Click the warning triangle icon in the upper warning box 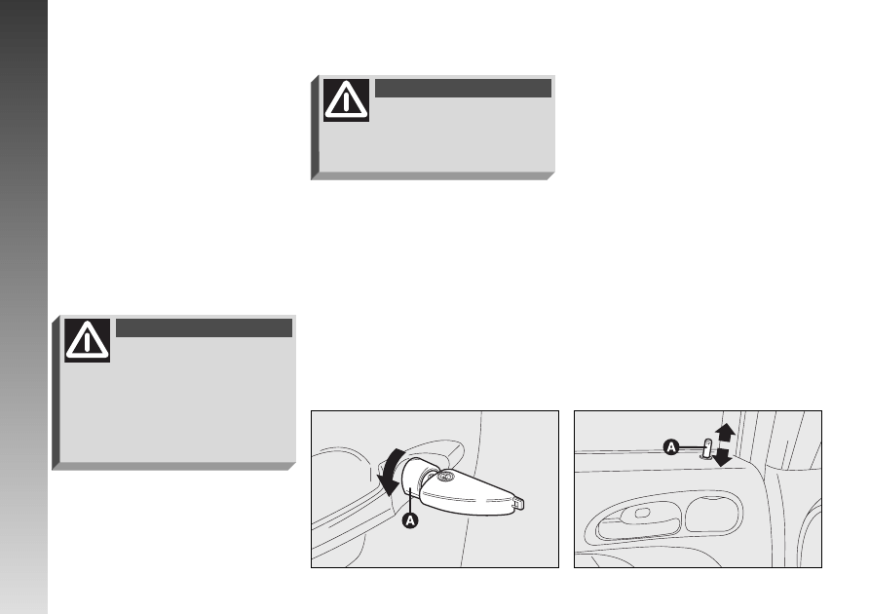[346, 100]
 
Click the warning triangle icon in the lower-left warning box [87, 340]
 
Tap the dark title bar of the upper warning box [464, 89]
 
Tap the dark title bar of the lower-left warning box [205, 328]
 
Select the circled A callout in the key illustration [410, 520]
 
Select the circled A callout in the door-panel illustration [671, 447]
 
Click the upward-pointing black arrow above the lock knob [725, 433]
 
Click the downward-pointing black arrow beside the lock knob [723, 457]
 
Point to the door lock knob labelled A [707, 448]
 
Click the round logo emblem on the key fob [443, 477]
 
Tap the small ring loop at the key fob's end [518, 503]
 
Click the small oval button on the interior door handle [642, 513]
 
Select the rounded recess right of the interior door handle [713, 515]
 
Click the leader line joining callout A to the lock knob [692, 447]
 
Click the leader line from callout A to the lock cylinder [410, 499]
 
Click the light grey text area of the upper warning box [437, 136]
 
